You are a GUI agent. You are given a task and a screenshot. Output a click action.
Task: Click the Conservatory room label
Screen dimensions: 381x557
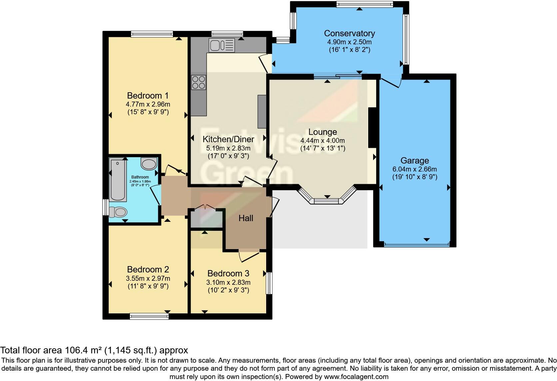click(349, 33)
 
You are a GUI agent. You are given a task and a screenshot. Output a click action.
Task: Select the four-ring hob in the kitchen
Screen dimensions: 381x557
click(198, 82)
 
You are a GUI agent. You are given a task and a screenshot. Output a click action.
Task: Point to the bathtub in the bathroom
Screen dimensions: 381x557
click(117, 180)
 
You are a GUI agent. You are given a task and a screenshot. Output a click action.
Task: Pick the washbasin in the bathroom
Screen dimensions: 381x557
click(149, 164)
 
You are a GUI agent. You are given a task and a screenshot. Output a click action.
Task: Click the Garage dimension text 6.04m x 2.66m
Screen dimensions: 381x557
click(414, 169)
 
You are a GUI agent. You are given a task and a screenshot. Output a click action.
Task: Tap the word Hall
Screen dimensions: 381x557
click(246, 218)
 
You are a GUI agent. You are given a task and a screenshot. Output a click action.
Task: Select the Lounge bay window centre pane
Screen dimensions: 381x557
click(326, 201)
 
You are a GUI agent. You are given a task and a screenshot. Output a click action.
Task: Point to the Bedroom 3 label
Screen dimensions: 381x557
click(228, 273)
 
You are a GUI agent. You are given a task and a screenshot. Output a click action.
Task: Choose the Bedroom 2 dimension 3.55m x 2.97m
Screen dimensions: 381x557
click(148, 278)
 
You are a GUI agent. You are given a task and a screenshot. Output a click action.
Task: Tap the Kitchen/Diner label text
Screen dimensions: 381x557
click(228, 139)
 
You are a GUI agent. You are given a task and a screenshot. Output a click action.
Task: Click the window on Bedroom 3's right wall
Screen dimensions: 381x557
click(269, 283)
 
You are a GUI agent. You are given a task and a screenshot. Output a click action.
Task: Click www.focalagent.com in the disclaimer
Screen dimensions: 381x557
click(356, 377)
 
